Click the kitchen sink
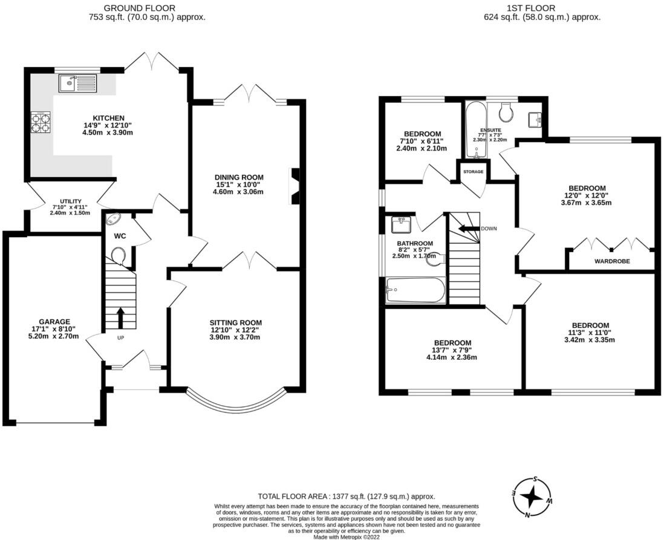79,83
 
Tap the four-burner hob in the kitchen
41,122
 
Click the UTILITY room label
71,201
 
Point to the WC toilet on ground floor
119,256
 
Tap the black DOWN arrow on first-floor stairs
468,229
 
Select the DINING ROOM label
239,177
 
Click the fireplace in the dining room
294,186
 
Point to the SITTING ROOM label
236,323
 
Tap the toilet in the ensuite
505,111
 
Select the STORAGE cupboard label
473,172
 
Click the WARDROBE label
612,261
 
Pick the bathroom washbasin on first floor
400,224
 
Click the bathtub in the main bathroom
415,290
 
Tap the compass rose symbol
532,497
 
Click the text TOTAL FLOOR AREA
294,496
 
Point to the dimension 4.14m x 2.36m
452,357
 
